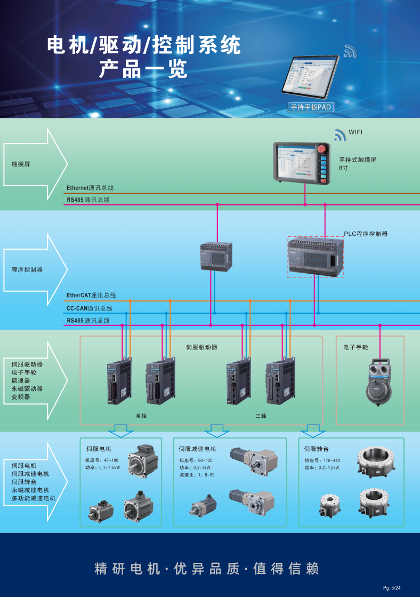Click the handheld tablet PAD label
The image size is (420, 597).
tap(310, 107)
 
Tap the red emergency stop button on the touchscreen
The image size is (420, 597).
tap(322, 149)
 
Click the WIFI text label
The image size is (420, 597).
tap(356, 132)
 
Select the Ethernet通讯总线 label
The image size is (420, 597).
tap(90, 188)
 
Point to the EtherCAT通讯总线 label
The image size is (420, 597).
tap(91, 295)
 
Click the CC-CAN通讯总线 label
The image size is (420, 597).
tap(90, 308)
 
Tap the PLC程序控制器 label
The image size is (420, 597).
tap(366, 234)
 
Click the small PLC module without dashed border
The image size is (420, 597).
tap(216, 256)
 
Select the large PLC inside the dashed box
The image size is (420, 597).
tap(316, 257)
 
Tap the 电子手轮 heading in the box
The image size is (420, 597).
tap(356, 347)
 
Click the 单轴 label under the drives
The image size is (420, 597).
tap(141, 416)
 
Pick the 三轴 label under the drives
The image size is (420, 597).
tap(261, 416)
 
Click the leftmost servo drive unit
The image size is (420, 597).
tap(119, 383)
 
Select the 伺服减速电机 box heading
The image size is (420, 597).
tap(197, 449)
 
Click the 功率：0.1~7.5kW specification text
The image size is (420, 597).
tap(103, 468)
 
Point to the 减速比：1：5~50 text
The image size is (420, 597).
tap(197, 475)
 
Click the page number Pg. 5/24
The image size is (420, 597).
tap(392, 588)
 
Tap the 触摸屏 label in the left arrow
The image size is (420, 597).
tap(21, 164)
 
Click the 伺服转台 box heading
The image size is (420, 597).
tap(316, 449)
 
